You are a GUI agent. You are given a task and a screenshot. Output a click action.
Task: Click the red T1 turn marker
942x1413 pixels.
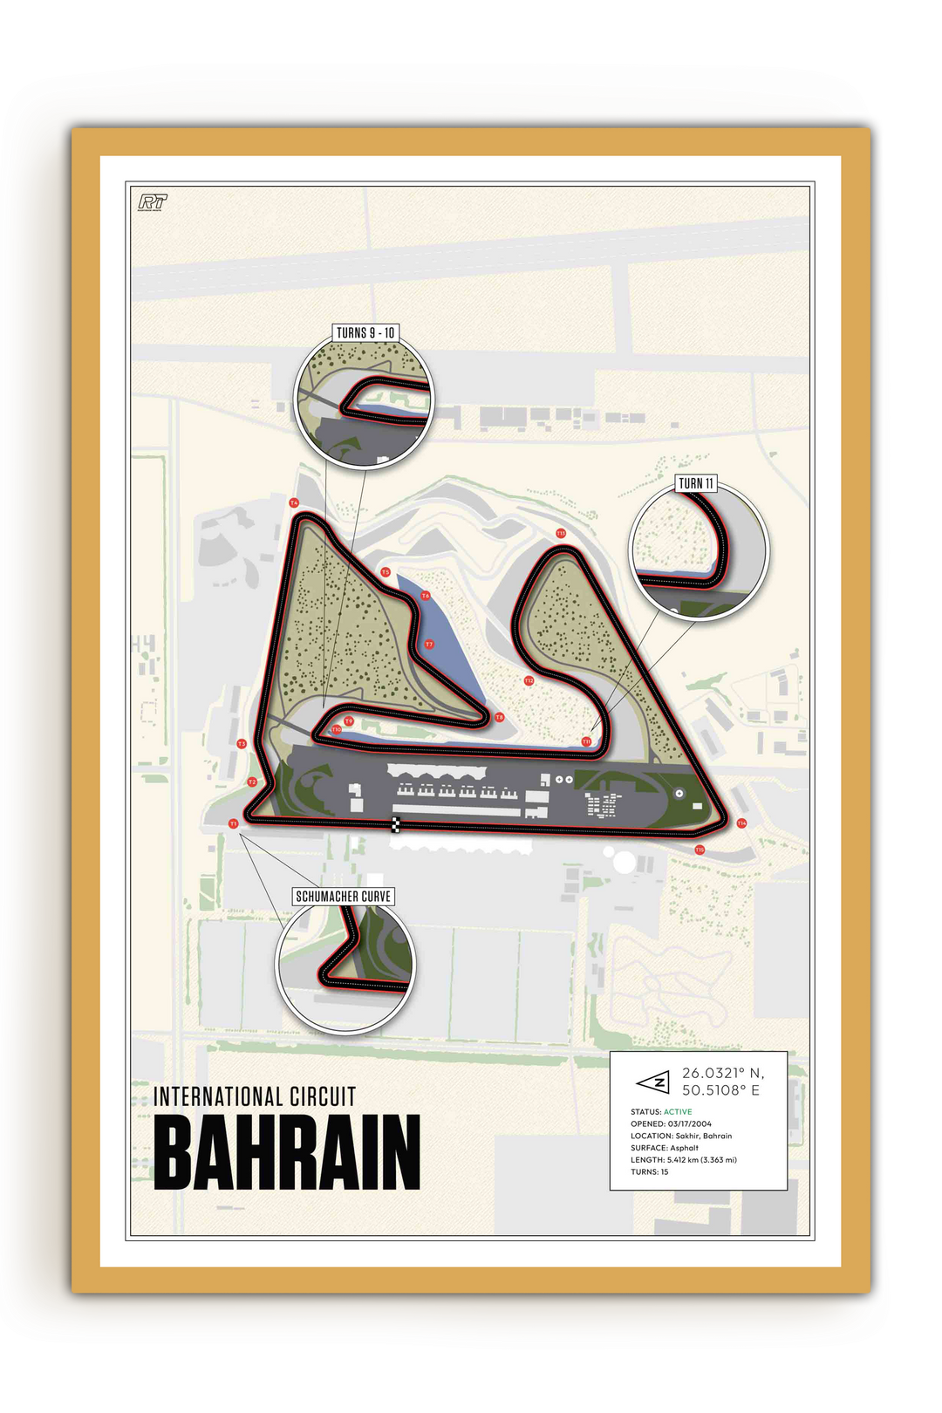(233, 823)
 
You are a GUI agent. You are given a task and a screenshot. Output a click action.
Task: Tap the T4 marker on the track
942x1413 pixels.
(294, 503)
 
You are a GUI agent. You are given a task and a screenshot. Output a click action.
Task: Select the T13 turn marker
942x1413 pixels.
(561, 533)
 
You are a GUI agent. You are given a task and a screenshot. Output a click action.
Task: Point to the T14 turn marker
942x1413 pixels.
(741, 823)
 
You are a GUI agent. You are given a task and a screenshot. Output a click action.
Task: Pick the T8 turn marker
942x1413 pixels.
(500, 717)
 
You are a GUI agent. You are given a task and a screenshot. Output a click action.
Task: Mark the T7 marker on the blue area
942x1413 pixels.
(429, 645)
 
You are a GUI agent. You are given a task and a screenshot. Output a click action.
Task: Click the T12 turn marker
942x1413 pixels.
(529, 680)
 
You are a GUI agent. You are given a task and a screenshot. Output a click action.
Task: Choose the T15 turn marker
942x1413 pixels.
(700, 850)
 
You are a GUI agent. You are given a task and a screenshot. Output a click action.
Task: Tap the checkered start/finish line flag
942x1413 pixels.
(395, 824)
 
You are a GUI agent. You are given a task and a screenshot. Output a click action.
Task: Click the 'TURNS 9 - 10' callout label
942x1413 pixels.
(365, 333)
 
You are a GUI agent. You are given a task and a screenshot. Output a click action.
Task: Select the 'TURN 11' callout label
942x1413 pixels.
(696, 483)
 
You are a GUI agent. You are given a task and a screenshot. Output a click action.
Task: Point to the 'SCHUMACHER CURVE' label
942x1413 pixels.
(344, 896)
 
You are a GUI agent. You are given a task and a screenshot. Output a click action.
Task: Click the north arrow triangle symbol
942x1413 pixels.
(653, 1082)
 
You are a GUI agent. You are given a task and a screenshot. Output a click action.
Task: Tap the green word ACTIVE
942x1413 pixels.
(678, 1112)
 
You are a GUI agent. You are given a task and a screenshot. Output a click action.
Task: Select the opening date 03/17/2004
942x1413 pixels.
(690, 1124)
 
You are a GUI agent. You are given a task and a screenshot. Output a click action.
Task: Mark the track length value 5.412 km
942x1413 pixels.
(684, 1160)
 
